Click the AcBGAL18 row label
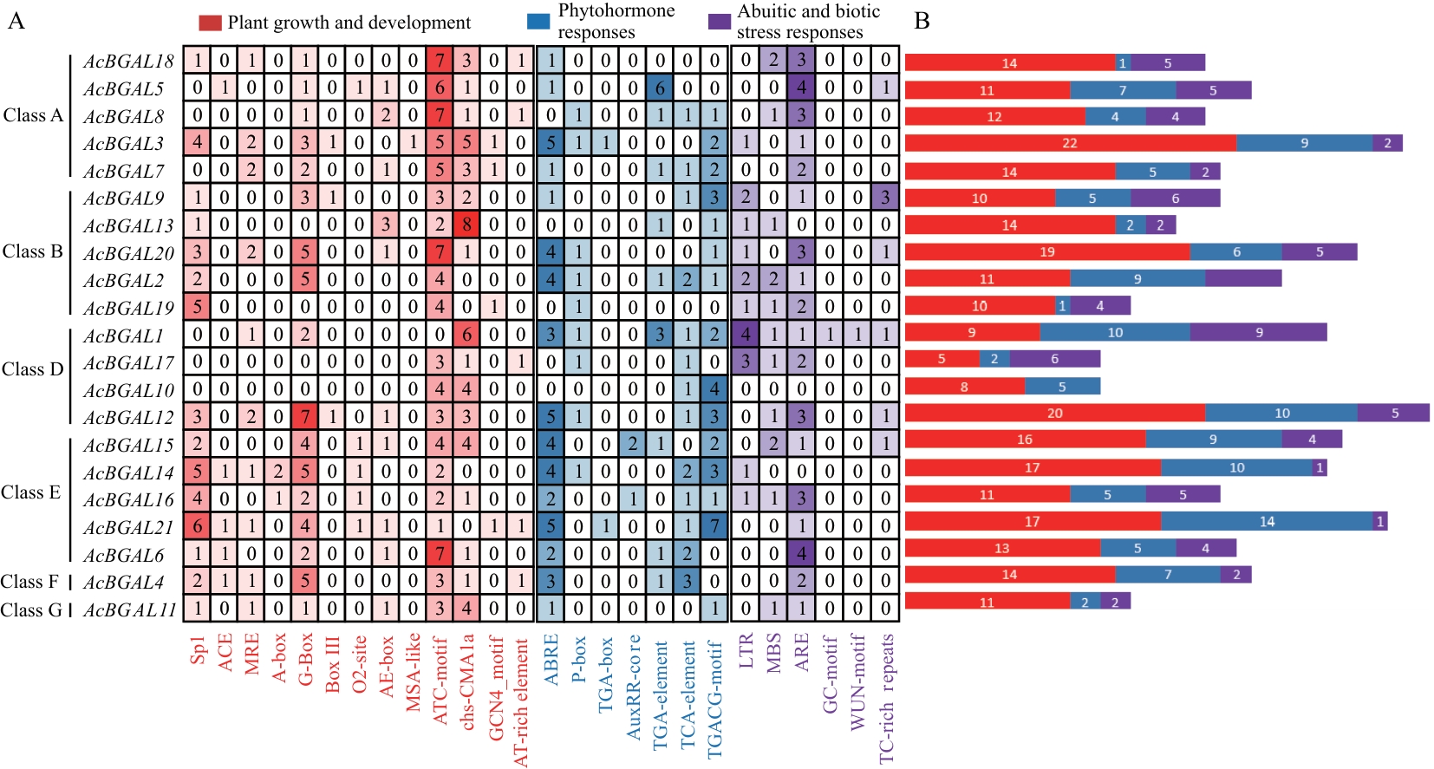coord(128,62)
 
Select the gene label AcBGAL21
coord(128,527)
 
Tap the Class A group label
coord(33,115)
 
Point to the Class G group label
coord(31,610)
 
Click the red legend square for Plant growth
coord(210,23)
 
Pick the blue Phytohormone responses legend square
coord(538,22)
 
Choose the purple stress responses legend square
coord(720,22)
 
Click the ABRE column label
coord(551,660)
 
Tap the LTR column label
coord(746,650)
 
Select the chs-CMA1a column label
coord(467,681)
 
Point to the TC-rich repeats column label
coord(886,698)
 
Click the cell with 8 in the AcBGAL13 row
coord(467,225)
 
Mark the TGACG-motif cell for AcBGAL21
coord(714,526)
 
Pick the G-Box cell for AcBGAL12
coord(305,417)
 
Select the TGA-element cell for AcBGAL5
coord(660,88)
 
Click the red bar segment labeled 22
coord(1070,143)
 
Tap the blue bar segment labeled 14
coord(1267,521)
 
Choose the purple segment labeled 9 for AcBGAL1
coord(1258,332)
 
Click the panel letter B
coord(922,21)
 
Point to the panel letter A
coord(16,21)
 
